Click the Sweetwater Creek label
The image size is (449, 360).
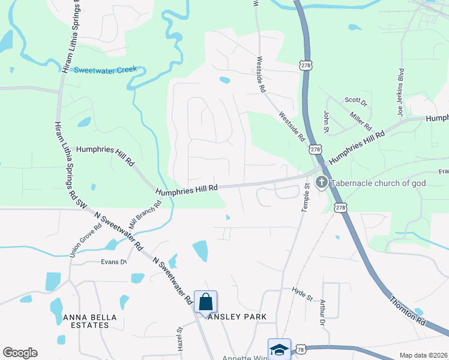[106, 70]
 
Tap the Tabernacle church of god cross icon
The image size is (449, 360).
[321, 182]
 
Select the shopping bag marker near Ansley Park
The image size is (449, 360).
[205, 302]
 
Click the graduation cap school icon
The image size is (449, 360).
[279, 349]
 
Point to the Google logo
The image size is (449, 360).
[20, 353]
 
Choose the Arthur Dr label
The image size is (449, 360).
[322, 313]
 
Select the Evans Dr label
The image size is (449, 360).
[114, 262]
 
